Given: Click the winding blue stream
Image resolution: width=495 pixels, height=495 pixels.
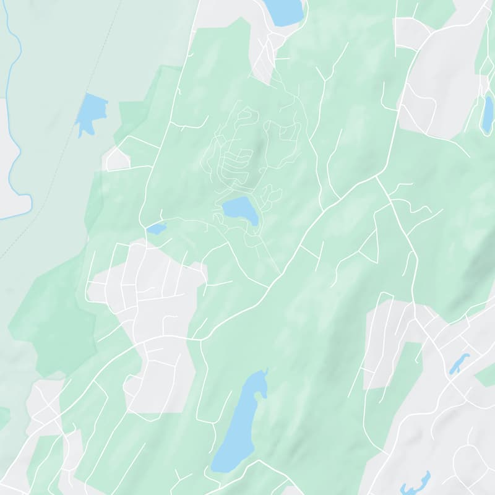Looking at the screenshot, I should click(x=14, y=124).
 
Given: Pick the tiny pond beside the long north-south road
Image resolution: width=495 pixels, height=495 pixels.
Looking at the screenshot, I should click(x=157, y=229).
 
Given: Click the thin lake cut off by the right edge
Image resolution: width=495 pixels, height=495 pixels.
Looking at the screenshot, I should click(x=488, y=115).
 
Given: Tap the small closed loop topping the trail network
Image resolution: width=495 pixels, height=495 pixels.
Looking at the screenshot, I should click(x=246, y=115).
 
